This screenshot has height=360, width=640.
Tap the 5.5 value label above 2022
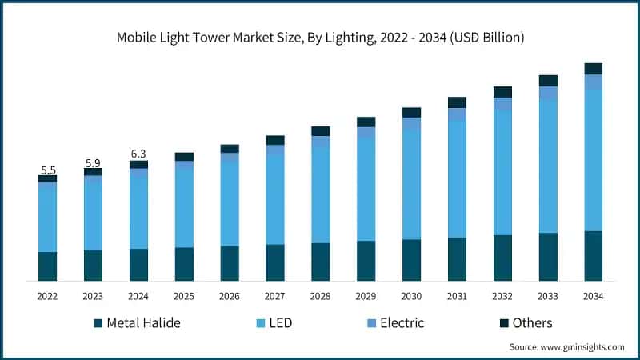click(47, 170)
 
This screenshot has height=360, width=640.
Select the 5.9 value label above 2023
click(93, 162)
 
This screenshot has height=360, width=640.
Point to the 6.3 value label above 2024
click(138, 154)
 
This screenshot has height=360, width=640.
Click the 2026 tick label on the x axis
click(230, 296)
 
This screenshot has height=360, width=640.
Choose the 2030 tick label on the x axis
click(411, 296)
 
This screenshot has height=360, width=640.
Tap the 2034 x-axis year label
click(593, 296)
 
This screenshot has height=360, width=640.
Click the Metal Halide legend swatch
click(98, 323)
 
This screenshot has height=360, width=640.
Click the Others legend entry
click(526, 323)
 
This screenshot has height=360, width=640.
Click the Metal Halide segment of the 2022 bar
click(47, 266)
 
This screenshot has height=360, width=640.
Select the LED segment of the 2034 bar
click(593, 160)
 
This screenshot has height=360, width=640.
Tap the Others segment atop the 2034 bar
click(593, 69)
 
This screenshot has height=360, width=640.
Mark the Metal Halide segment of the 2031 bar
click(457, 259)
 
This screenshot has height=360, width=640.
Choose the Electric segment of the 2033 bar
click(547, 93)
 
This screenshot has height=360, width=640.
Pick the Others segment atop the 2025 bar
click(184, 157)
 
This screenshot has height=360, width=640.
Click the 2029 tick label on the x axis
click(366, 296)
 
